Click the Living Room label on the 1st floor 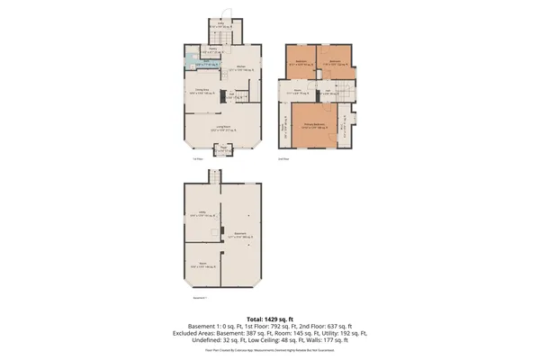222,127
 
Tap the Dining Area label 206,92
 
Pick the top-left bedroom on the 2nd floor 301,64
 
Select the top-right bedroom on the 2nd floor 334,64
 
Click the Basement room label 240,235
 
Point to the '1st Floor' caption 195,159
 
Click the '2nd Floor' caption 283,159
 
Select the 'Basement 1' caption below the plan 201,298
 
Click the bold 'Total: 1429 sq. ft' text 269,318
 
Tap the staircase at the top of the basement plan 216,176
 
